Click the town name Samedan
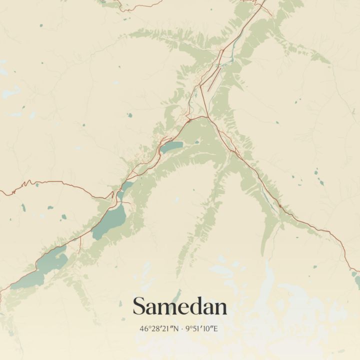pos(179,306)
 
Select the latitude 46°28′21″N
pos(159,329)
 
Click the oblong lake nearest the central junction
pos(171,147)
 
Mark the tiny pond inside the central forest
pos(197,142)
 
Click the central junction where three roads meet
pos(205,117)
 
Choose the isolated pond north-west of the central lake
pos(129,115)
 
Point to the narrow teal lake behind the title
pos(176,296)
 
